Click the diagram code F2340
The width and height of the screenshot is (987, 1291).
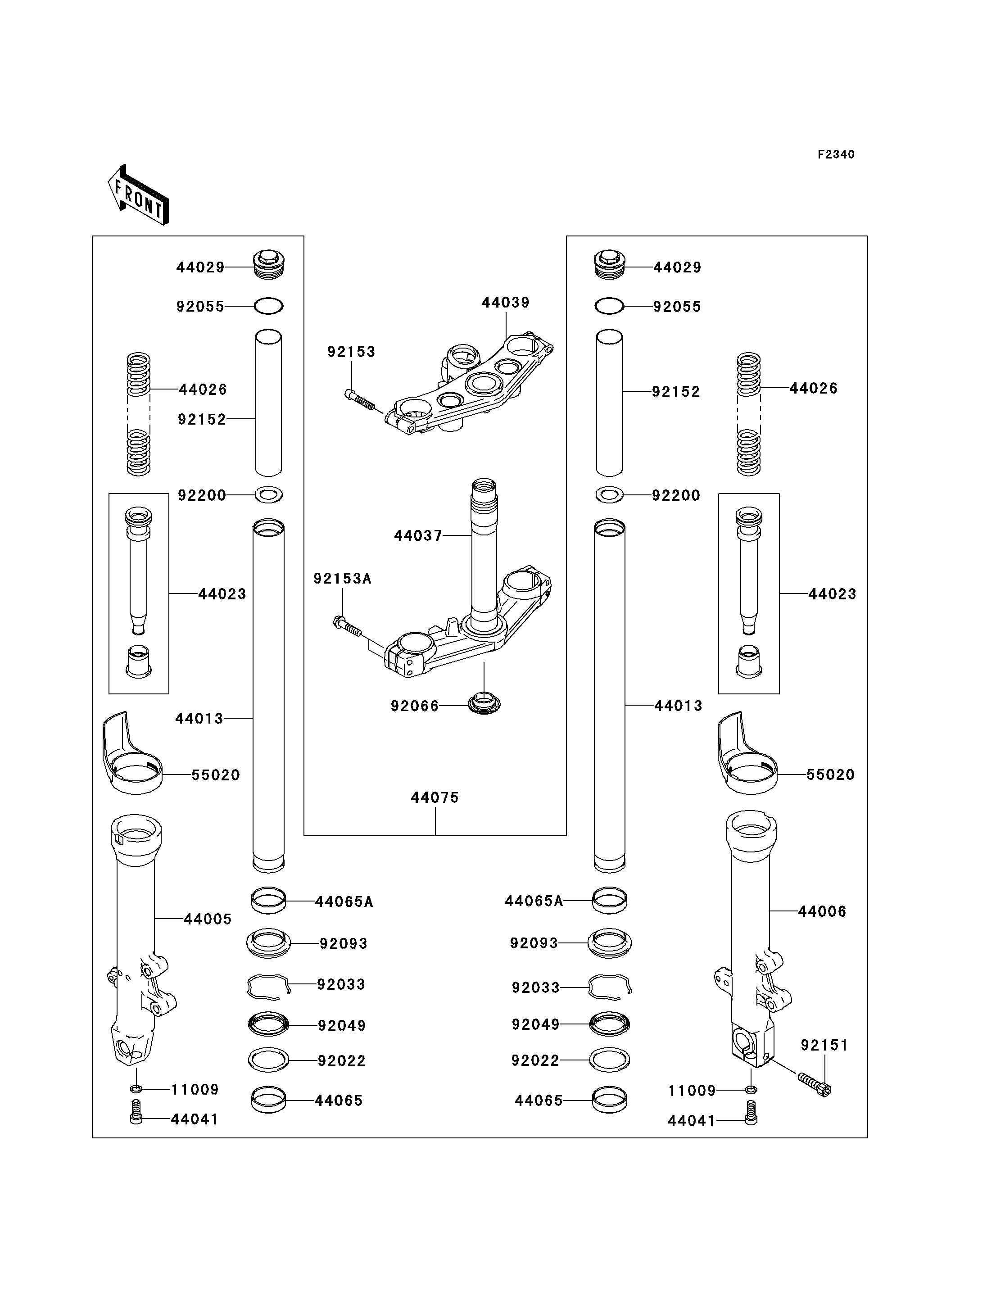point(836,154)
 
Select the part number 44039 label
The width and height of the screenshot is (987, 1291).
point(505,303)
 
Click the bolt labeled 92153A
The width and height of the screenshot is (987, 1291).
point(348,627)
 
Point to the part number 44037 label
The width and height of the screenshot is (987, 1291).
point(418,536)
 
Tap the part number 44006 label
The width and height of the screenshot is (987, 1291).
point(822,911)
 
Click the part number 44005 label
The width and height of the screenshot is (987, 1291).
point(208,919)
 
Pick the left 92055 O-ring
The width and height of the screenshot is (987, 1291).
point(268,306)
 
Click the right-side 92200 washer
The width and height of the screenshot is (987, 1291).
point(609,495)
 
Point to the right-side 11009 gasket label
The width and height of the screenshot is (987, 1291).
point(692,1091)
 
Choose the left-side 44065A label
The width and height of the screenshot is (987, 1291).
point(344,902)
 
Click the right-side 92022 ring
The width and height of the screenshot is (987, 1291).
point(609,1060)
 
